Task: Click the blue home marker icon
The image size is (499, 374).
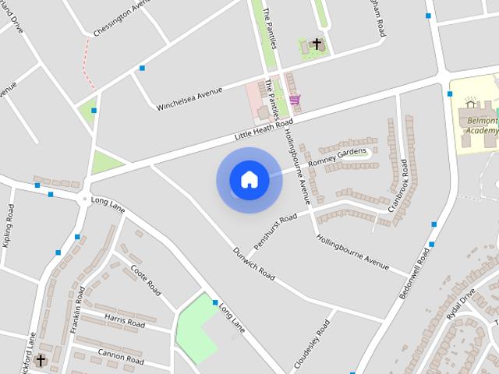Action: coord(249,180)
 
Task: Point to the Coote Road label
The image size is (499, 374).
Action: coord(146,280)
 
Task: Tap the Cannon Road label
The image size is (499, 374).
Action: coord(121,355)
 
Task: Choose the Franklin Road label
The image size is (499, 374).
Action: coord(78,310)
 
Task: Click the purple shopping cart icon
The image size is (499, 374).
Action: coord(294,100)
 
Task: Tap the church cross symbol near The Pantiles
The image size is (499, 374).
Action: coord(317,44)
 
